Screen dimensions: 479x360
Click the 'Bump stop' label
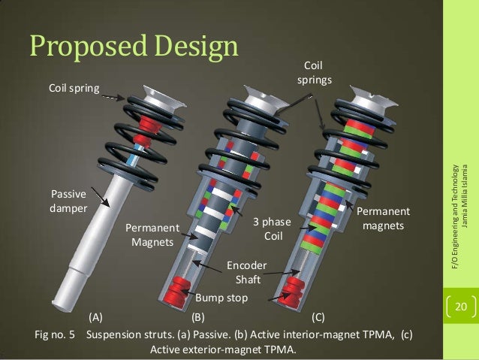[x=221, y=298]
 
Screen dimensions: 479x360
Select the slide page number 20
[x=459, y=307]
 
